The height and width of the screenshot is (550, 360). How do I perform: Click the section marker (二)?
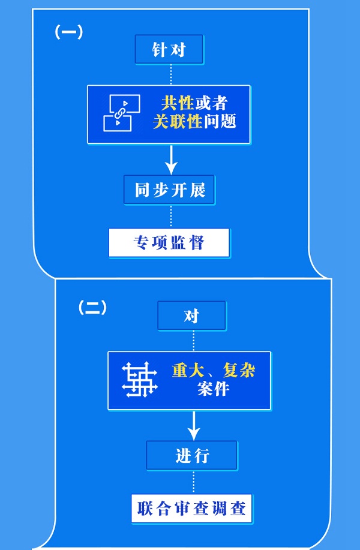(92, 308)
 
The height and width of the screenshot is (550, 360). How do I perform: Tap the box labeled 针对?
(169, 50)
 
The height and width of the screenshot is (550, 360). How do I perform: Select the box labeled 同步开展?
(170, 190)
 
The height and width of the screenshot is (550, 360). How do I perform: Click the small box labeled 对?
(191, 315)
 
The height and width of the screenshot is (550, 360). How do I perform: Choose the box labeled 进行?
(192, 456)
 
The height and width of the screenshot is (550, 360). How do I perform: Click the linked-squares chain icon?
(122, 113)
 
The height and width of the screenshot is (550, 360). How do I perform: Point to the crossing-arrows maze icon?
(140, 380)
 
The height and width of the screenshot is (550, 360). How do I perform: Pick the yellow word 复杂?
(238, 370)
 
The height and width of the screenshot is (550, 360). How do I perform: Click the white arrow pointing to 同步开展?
(172, 159)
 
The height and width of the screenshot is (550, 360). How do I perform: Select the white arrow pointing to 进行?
(193, 425)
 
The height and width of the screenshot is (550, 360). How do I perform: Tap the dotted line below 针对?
(171, 74)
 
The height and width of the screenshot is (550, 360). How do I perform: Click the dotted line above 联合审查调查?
(193, 482)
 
